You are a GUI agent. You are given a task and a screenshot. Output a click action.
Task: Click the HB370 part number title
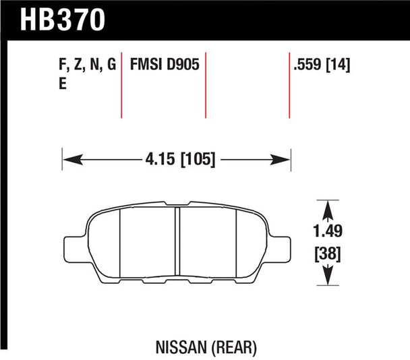pos(63,20)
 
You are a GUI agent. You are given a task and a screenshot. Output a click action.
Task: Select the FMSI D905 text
pos(165,64)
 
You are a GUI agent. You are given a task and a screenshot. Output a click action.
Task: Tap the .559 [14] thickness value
pos(322,65)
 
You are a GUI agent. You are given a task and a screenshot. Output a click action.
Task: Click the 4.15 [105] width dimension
pos(181,159)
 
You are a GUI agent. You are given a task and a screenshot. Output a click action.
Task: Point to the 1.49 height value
pos(328,231)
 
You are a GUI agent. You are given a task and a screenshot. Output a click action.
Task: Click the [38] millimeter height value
pos(328,254)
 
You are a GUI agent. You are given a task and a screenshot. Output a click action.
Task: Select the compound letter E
pos(63,84)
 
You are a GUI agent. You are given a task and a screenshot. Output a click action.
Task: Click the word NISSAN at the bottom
pos(181,347)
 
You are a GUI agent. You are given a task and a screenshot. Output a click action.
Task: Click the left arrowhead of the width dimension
pos(73,160)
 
